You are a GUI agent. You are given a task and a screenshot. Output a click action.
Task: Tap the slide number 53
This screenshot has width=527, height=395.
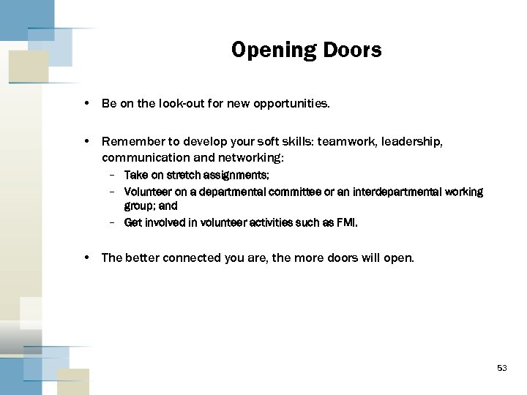[x=501, y=368]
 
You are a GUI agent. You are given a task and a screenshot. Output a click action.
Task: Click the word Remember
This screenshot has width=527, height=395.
[x=131, y=140]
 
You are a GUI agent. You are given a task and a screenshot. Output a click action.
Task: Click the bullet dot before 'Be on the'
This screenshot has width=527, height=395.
[x=87, y=104]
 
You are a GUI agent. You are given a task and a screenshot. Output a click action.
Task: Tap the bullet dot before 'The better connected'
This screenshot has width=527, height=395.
[x=87, y=257]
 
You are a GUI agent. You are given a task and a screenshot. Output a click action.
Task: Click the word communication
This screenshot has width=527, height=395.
[x=143, y=157]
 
